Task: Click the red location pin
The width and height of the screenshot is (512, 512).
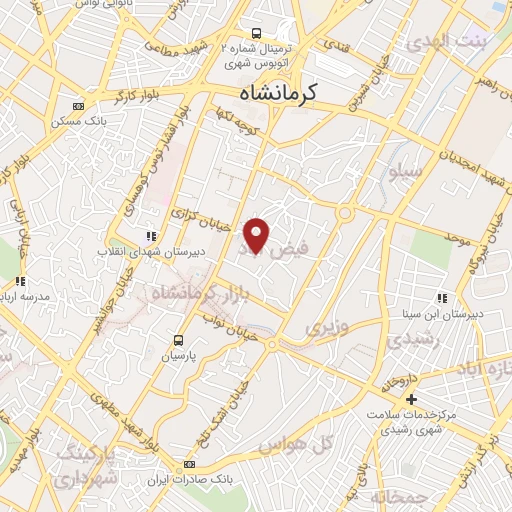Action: [x=257, y=235]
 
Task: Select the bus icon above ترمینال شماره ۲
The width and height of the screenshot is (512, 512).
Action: [x=258, y=32]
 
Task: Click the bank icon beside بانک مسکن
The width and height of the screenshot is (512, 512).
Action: [x=79, y=106]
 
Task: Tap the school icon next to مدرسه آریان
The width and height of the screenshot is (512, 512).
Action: [x=20, y=281]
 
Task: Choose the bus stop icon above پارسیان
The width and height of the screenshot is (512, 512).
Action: [x=179, y=340]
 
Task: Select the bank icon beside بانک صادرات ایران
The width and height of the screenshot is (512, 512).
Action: [x=190, y=465]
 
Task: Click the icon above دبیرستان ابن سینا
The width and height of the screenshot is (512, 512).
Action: [x=441, y=297]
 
